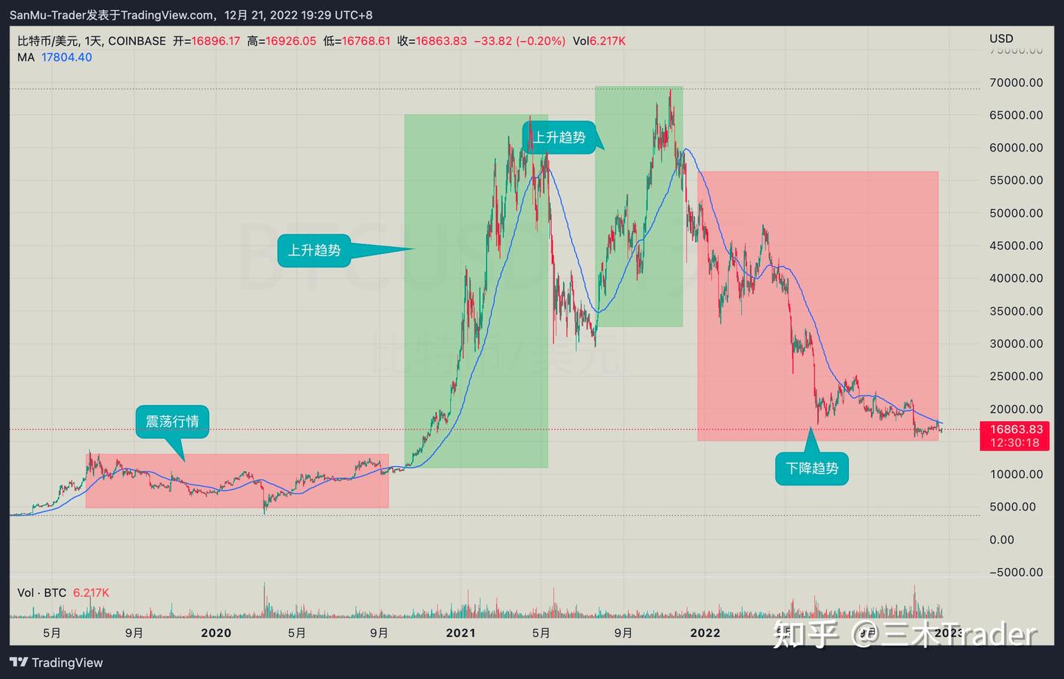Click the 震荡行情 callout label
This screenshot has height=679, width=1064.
[x=172, y=421]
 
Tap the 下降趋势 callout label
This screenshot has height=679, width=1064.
[x=812, y=468]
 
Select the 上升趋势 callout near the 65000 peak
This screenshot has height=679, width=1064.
[x=559, y=137]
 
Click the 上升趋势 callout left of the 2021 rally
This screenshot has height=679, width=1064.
[x=314, y=250]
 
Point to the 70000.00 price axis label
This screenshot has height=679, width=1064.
[x=1016, y=83]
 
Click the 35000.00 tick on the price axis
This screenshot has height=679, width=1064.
[x=1016, y=311]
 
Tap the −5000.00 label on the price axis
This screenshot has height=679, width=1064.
[x=1016, y=573]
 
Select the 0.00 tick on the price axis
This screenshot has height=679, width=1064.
[x=1002, y=540]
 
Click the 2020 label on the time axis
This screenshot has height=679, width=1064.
[x=216, y=633]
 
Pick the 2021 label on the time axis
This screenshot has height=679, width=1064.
[x=460, y=633]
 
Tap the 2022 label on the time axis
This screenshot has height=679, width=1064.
[x=705, y=633]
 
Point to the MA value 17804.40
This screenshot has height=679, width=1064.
[x=66, y=58]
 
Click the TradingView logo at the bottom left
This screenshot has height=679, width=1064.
[x=56, y=663]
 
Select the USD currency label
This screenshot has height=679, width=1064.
[x=1001, y=38]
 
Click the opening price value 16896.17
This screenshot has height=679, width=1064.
[x=216, y=41]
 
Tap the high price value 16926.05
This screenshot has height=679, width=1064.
[x=291, y=41]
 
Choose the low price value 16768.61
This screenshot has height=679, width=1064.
[x=366, y=41]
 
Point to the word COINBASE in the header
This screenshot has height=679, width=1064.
[x=137, y=41]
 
